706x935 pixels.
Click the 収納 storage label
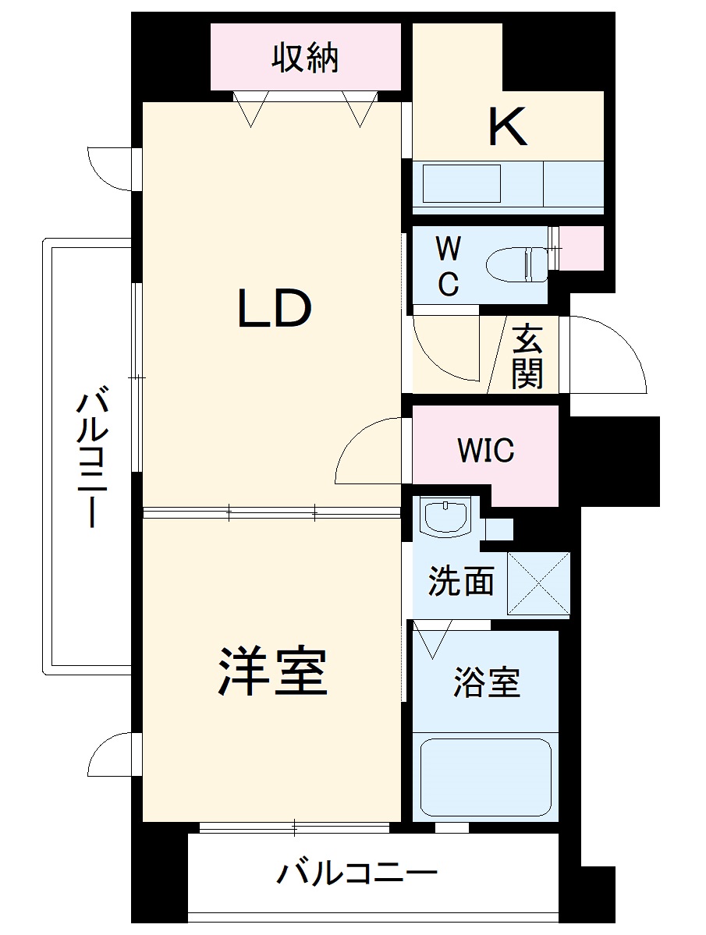coord(305,59)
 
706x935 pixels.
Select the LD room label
coord(274,308)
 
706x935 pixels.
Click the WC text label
coord(447,267)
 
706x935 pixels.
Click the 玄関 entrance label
coord(527,356)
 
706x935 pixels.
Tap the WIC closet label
coord(485,450)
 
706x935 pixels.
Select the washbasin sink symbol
coord(445,516)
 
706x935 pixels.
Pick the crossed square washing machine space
coord(538,583)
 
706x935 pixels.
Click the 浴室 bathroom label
coord(486,683)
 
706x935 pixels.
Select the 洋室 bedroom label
coord(273,671)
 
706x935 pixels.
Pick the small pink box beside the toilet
coord(582,247)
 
